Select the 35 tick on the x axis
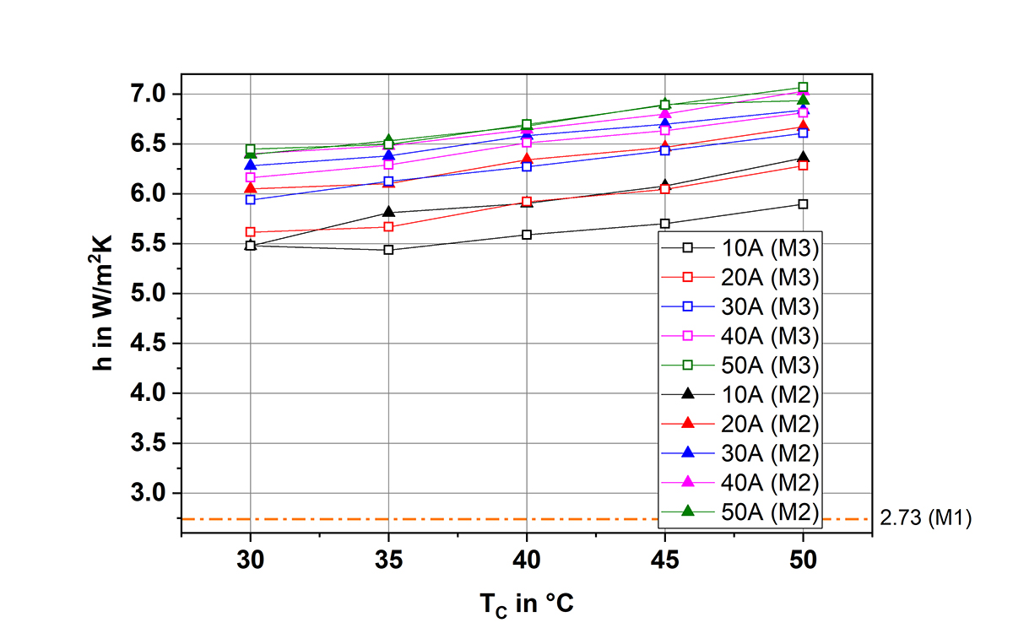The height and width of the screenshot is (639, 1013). [x=388, y=560]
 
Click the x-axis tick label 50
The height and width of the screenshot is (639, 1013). [x=803, y=560]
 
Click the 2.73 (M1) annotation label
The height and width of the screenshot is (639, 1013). [x=925, y=519]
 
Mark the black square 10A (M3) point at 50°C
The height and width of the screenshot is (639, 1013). [x=803, y=204]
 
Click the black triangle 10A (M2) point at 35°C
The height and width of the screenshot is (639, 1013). [x=388, y=211]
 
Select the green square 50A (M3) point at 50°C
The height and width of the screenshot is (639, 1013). [x=803, y=88]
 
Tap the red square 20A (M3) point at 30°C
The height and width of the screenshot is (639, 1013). [x=250, y=232]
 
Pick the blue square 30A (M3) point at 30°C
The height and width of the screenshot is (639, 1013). [x=250, y=200]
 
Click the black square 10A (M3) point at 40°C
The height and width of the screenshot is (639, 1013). [x=527, y=235]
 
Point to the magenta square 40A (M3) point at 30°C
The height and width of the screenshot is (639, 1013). [x=250, y=177]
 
